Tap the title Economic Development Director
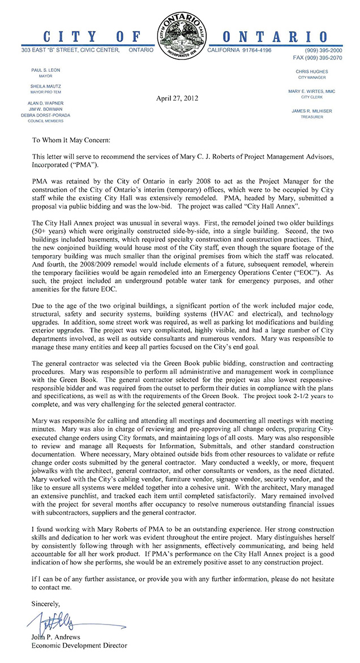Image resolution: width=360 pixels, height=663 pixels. (79, 645)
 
